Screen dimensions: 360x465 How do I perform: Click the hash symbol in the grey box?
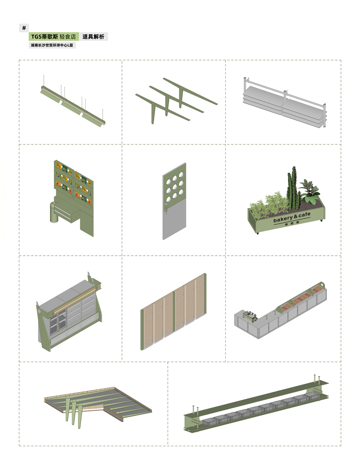[x=24, y=28]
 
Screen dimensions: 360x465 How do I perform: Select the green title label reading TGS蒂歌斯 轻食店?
[x=54, y=37]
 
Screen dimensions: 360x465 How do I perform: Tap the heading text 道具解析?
[x=94, y=37]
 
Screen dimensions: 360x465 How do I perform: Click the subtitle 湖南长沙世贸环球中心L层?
[x=52, y=45]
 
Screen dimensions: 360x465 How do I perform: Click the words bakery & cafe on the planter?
[x=292, y=217]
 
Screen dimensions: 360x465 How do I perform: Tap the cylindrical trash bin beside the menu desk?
[x=54, y=212]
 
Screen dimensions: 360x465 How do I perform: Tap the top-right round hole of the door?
[x=181, y=175]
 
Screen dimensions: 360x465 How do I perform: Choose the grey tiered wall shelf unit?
[x=285, y=103]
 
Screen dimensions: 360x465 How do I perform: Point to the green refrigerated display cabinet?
[x=69, y=311]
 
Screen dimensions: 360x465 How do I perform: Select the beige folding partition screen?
[x=174, y=311]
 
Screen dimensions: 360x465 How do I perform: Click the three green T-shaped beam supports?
[x=176, y=100]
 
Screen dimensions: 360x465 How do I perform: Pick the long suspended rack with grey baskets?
[x=256, y=404]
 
